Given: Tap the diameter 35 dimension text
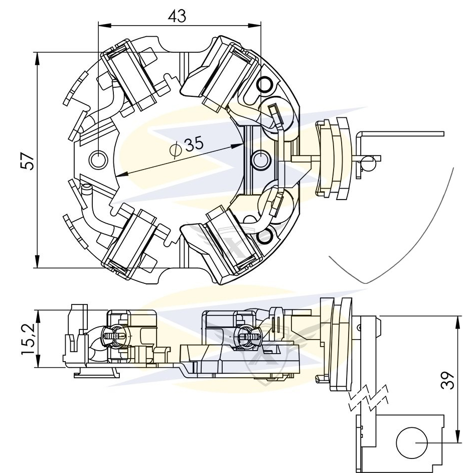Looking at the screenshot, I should pos(194,145).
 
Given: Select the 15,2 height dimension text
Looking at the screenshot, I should pos(29,340).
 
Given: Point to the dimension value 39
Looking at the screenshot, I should pos(448,380).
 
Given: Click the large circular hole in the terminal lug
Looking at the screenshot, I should pos(411,443).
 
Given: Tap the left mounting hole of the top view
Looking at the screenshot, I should pos(98,160).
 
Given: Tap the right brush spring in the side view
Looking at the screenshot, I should pos(244,335).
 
